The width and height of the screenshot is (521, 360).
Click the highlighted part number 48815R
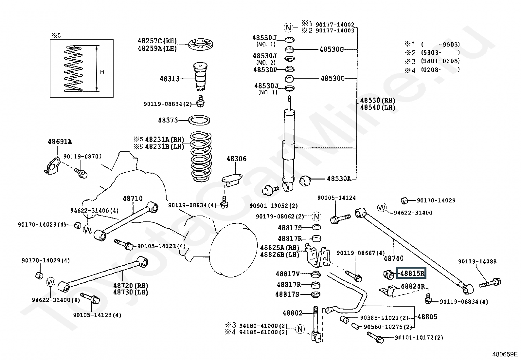point(411,273)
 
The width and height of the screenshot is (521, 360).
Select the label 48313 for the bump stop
point(170,79)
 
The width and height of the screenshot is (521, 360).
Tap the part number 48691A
point(60,142)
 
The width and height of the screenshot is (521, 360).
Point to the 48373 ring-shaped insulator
point(199,120)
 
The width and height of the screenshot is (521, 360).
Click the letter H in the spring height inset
point(102,72)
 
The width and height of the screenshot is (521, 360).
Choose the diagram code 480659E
point(505,354)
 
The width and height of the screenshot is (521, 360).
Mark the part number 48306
point(236,159)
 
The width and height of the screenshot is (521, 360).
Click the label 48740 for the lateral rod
point(393,258)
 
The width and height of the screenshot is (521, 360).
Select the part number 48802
point(292,313)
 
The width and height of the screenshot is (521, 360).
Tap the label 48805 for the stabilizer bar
point(427,317)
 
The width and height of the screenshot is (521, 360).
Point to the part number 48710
point(133,199)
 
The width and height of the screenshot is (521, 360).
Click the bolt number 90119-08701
point(82,157)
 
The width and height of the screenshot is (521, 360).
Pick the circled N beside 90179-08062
point(316,217)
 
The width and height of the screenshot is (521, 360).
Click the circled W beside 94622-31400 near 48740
point(382,207)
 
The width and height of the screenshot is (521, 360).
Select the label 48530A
point(339,179)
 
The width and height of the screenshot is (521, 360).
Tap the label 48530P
point(265,70)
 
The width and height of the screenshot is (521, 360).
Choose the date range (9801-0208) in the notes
point(440,61)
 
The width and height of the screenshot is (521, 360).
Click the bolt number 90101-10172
point(419,337)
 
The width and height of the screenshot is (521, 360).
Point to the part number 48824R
point(413,286)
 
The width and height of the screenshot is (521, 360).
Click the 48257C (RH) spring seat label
point(157,41)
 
